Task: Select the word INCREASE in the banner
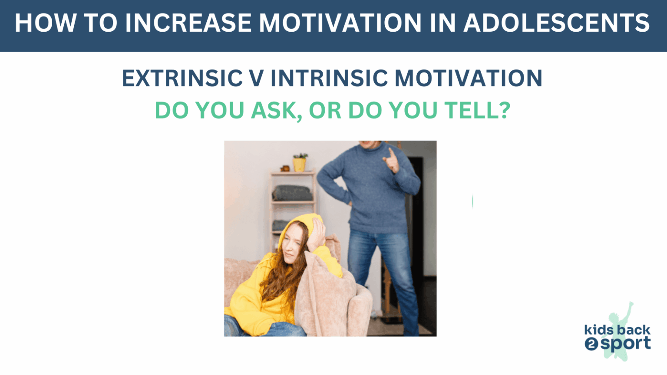click(188, 23)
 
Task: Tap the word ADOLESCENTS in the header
click(556, 23)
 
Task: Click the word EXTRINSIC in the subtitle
click(182, 79)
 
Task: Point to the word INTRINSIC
click(329, 79)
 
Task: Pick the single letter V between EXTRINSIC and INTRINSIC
click(256, 79)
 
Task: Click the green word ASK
click(277, 111)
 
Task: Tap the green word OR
click(324, 111)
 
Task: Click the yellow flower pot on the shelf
click(299, 164)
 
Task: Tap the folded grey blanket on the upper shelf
click(292, 193)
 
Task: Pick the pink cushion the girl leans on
click(324, 295)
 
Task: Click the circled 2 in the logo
click(591, 345)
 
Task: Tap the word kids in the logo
click(598, 330)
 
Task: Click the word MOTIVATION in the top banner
click(340, 23)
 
